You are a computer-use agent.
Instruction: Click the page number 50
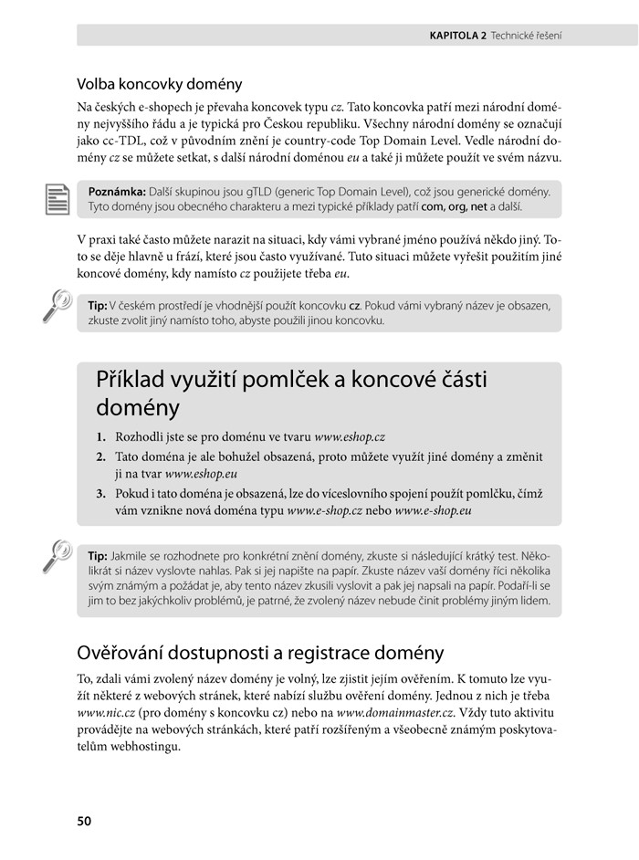pos(84,821)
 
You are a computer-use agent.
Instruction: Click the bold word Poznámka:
pos(118,192)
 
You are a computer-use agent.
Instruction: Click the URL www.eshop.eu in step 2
pos(202,475)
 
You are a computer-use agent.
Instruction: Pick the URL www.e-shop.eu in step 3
pos(434,512)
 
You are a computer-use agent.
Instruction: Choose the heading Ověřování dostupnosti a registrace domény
pos(260,653)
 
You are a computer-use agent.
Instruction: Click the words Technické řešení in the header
pos(526,36)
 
